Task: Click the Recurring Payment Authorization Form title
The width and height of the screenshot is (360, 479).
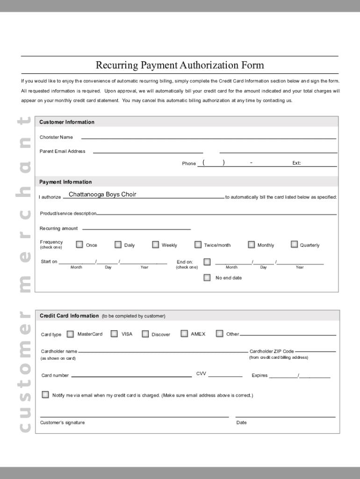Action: click(180, 65)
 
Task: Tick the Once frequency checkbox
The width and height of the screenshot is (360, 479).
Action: click(79, 244)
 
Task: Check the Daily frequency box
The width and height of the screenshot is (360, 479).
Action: click(118, 244)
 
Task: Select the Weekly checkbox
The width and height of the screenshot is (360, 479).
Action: click(155, 244)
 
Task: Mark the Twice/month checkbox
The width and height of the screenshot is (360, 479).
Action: click(198, 244)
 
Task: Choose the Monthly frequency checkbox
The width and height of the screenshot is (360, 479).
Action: click(251, 244)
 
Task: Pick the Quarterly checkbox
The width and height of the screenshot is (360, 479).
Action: click(294, 244)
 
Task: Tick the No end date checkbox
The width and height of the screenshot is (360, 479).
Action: click(207, 277)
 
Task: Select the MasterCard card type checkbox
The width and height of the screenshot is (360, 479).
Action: click(70, 334)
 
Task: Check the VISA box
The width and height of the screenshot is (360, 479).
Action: click(114, 334)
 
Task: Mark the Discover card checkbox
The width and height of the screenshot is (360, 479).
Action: click(145, 334)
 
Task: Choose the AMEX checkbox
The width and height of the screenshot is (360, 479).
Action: click(184, 334)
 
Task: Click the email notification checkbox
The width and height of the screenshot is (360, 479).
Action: click(45, 395)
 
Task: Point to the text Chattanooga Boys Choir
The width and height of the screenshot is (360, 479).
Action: click(102, 195)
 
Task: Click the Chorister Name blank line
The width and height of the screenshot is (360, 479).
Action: click(209, 138)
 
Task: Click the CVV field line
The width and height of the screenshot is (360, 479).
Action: click(225, 376)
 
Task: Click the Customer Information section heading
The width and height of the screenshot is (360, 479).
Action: click(67, 122)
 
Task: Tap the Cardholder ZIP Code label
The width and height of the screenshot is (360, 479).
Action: click(272, 351)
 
